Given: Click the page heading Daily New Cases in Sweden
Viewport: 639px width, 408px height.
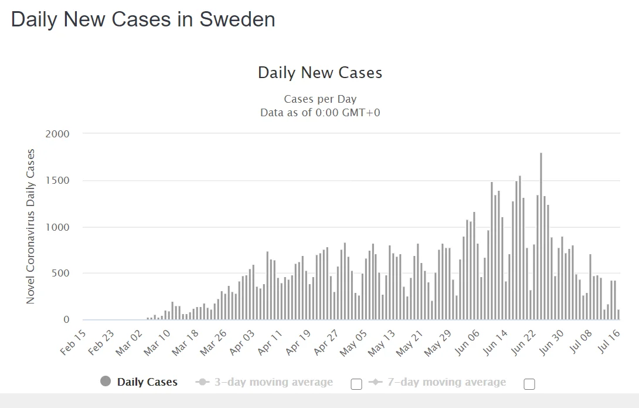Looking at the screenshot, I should [143, 19].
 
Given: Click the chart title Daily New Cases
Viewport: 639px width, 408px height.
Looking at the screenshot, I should [320, 73].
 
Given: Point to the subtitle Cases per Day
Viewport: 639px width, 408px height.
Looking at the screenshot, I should [320, 99].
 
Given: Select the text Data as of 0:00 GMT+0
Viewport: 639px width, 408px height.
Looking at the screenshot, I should [320, 112].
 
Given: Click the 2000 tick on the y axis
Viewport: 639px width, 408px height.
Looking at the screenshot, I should [57, 134].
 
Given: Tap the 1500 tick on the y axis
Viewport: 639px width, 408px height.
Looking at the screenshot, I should [57, 180].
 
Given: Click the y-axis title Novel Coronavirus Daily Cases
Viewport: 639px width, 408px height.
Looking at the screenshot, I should [30, 227].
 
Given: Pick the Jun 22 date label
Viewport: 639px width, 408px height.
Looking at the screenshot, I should [524, 342].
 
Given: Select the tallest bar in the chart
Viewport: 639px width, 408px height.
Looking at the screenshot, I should [541, 235].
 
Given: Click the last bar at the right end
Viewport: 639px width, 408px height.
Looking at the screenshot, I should [618, 315].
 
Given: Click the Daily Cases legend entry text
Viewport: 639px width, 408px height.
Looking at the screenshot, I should [147, 382].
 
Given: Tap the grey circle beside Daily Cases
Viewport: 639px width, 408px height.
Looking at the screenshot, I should [106, 382].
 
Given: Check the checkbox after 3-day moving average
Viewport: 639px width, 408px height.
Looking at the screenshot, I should [356, 385].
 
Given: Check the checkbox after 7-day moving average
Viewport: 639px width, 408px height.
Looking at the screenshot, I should [529, 385].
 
